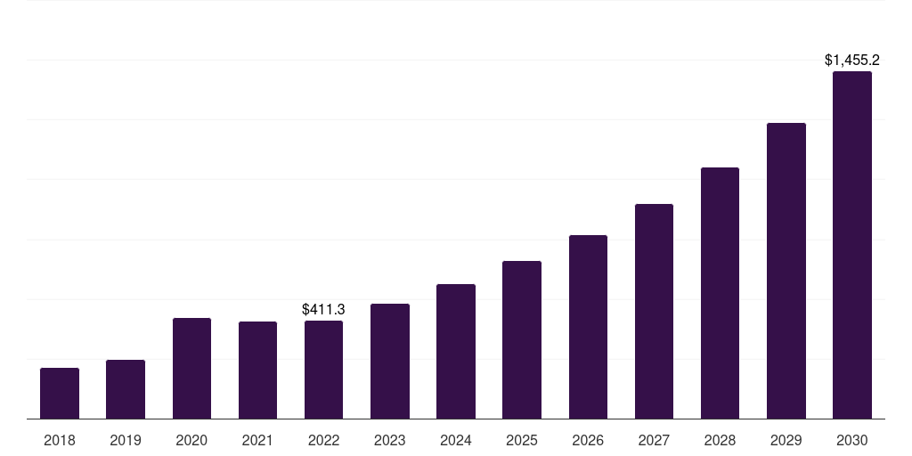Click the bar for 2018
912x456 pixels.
point(60,393)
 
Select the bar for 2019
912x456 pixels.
point(126,389)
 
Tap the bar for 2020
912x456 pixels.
point(191,368)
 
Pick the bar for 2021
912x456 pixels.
point(257,370)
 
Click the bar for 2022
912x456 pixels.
point(323,370)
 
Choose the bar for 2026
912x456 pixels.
point(588,327)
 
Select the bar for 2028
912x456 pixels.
point(720,293)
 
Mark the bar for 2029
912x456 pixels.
point(786,271)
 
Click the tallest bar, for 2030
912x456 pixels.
point(852,245)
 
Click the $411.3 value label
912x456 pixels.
point(323,309)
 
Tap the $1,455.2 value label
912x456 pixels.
point(852,61)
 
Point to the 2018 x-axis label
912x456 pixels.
point(60,440)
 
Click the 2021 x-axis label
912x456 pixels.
point(257,440)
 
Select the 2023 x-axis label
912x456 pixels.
point(390,440)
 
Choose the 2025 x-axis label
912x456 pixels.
point(522,440)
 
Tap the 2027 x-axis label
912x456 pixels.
point(654,440)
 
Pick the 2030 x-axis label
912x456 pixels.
point(852,440)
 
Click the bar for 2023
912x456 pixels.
point(390,361)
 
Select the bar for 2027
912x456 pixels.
point(654,311)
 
